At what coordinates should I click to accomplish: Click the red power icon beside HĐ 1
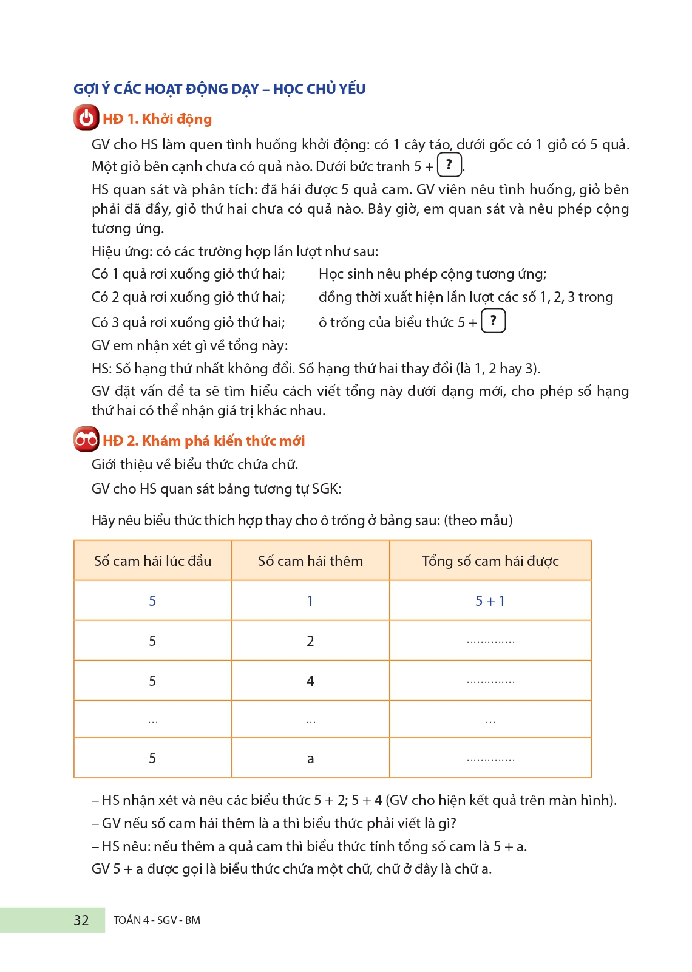[x=86, y=118]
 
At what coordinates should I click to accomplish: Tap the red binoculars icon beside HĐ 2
[x=86, y=440]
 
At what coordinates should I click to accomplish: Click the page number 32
[x=81, y=920]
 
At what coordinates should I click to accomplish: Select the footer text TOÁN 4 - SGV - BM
[x=157, y=920]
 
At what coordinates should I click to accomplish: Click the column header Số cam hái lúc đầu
[x=152, y=561]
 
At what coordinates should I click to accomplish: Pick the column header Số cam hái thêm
[x=310, y=561]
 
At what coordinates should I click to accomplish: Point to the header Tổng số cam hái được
[x=490, y=561]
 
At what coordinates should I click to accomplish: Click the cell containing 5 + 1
[x=490, y=601]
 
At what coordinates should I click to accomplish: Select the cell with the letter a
[x=310, y=759]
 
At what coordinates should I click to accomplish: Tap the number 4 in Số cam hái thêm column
[x=310, y=681]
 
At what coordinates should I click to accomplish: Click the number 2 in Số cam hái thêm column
[x=310, y=641]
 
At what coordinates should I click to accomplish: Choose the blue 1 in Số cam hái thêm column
[x=310, y=601]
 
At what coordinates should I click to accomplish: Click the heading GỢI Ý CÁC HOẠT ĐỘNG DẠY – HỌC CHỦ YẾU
[x=219, y=89]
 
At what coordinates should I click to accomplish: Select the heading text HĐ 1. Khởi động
[x=157, y=119]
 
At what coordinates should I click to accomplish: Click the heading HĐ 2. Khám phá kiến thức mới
[x=203, y=441]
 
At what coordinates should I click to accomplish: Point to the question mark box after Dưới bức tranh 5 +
[x=449, y=165]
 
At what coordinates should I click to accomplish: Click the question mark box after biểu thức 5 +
[x=493, y=321]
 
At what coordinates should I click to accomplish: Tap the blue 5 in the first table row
[x=152, y=601]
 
